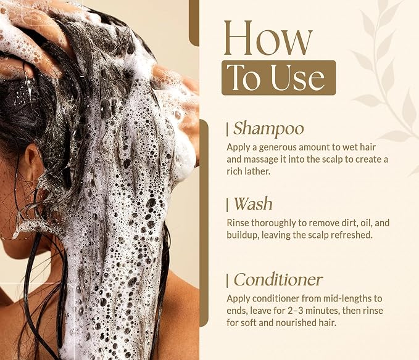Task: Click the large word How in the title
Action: point(268,38)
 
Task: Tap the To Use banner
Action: point(278,78)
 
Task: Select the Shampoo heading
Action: point(268,129)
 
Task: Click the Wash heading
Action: point(253,204)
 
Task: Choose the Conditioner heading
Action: point(278,280)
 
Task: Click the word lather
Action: point(258,171)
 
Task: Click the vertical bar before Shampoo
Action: point(228,129)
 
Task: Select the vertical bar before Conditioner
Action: point(228,281)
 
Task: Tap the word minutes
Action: point(322,311)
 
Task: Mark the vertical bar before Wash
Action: point(228,205)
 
